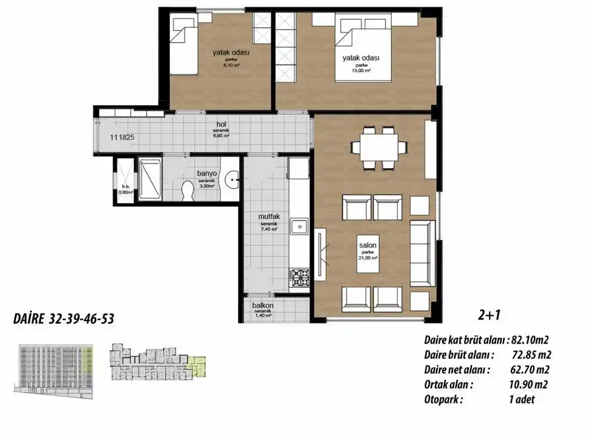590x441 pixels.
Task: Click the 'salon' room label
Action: tap(368, 245)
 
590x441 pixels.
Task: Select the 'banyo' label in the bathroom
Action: tap(206, 173)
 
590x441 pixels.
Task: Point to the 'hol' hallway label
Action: tap(221, 124)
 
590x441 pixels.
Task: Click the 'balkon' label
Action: tap(263, 306)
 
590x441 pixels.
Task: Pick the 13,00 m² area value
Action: tap(361, 71)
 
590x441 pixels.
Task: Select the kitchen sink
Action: tap(299, 227)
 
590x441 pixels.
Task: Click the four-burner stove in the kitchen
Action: tap(300, 277)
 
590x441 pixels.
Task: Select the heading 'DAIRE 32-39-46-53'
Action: tap(63, 320)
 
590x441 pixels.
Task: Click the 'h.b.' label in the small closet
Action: tap(124, 187)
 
